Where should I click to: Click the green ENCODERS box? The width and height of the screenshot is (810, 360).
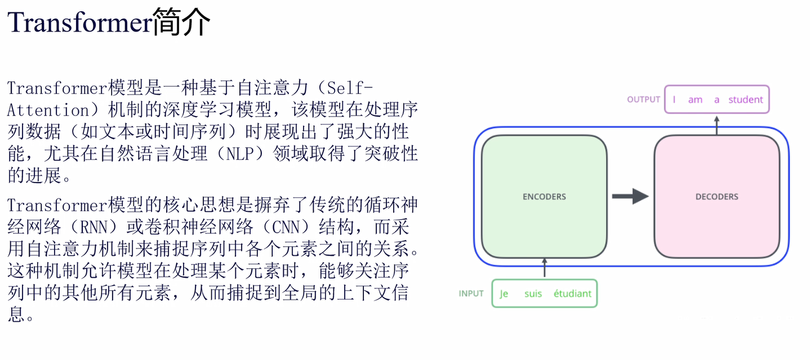point(544,197)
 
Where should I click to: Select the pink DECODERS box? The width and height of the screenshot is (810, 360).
point(716,197)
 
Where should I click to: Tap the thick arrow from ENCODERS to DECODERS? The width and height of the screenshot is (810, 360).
point(630,196)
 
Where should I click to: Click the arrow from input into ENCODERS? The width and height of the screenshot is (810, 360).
point(544,268)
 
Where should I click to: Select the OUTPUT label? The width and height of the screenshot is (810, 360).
point(643,100)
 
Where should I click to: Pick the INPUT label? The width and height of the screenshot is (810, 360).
point(471,294)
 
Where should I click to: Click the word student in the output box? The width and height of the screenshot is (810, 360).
point(746,100)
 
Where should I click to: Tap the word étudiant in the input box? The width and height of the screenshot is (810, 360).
point(572,294)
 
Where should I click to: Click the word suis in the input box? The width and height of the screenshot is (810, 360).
point(533,294)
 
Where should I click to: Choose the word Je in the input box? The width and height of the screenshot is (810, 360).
point(504,294)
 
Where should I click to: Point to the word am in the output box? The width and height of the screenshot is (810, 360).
point(695,100)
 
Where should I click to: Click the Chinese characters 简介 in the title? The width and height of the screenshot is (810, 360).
point(181,23)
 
